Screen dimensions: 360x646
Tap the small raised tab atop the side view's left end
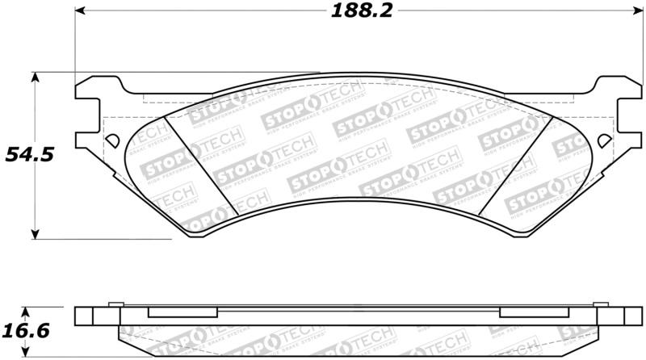pos(114,305)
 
